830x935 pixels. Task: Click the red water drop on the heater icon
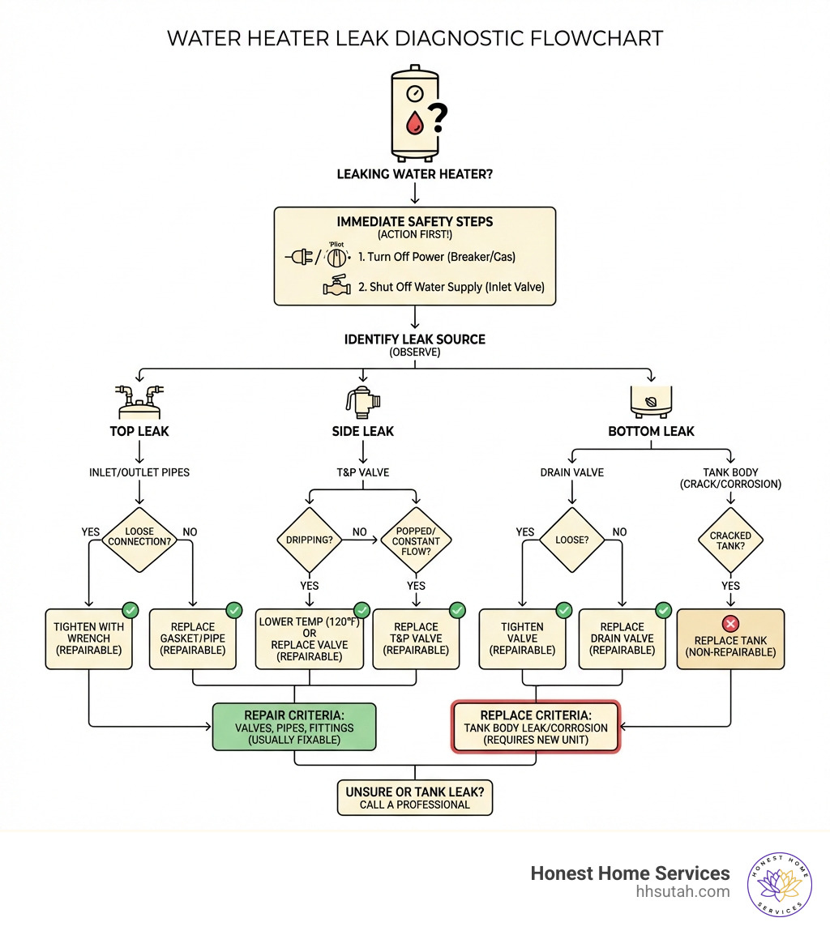point(415,123)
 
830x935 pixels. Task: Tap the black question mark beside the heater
point(437,119)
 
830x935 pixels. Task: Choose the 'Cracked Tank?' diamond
point(730,540)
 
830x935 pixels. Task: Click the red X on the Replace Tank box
point(731,623)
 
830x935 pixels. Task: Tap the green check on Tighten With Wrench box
point(128,609)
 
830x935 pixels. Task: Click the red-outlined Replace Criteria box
point(535,727)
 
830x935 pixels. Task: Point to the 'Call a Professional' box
point(414,797)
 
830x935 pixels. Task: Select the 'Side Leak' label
point(362,431)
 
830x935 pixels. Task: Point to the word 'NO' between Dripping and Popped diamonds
point(359,532)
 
